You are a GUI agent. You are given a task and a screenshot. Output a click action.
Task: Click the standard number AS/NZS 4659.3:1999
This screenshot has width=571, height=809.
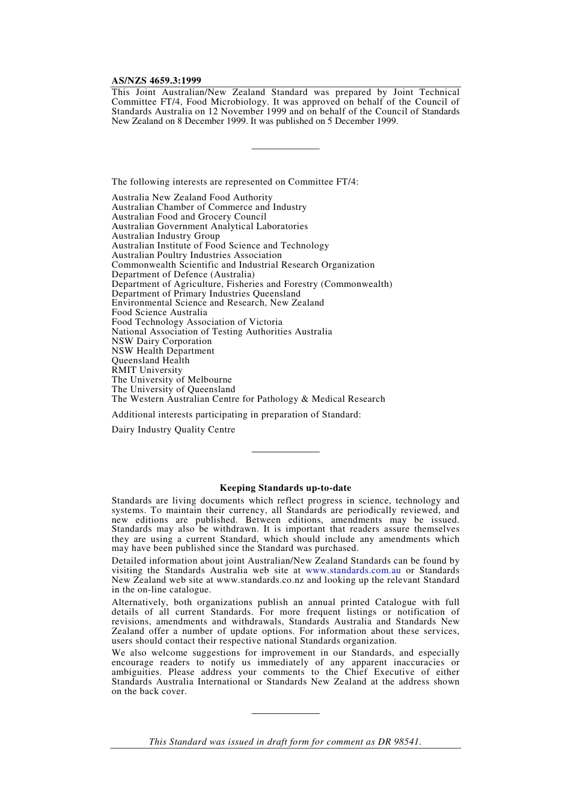(156, 81)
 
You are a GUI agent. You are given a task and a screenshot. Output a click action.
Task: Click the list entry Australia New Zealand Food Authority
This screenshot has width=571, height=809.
(192, 197)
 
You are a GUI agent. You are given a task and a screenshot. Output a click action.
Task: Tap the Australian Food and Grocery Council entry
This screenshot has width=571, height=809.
(189, 217)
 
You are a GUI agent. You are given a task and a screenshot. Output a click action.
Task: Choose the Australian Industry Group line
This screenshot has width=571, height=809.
(165, 236)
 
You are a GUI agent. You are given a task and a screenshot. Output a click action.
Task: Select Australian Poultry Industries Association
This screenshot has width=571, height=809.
(197, 255)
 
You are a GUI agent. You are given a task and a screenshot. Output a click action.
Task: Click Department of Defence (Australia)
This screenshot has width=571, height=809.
(183, 274)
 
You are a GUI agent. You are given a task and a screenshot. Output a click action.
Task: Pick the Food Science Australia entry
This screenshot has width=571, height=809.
(159, 312)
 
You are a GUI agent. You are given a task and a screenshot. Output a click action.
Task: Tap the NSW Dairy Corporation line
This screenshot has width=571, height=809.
(162, 341)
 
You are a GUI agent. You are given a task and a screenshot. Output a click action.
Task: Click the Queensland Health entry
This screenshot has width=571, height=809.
(150, 360)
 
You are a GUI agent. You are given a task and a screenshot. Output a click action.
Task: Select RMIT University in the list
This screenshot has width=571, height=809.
(147, 370)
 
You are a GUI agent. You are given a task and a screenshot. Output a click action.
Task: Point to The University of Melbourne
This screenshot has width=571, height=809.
(171, 380)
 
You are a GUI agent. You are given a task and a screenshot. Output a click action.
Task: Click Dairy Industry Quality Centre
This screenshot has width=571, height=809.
(173, 429)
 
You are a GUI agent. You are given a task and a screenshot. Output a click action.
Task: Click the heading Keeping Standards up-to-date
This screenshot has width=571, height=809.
(285, 488)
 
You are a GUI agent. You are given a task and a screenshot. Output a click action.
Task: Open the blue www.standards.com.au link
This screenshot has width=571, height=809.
(353, 570)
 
